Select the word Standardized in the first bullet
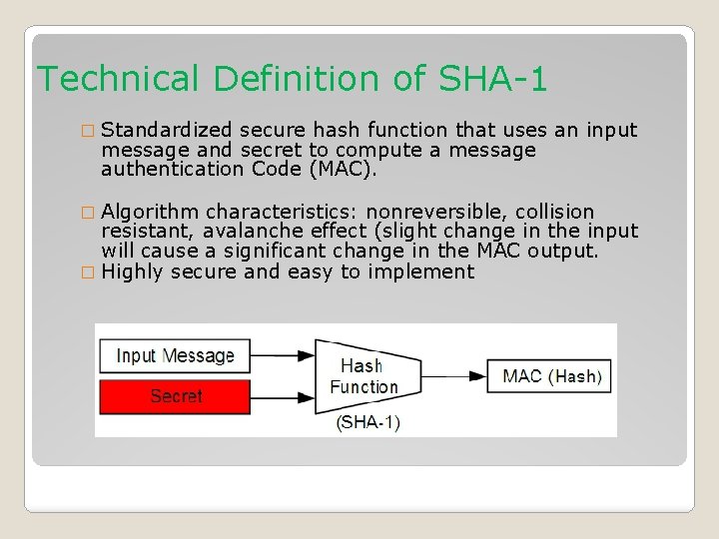click(x=167, y=130)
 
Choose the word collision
click(x=554, y=212)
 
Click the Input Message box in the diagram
click(x=175, y=356)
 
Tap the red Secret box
click(x=175, y=396)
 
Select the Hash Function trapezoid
click(x=359, y=376)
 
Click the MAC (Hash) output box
click(x=551, y=376)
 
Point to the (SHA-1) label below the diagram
click(x=368, y=422)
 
